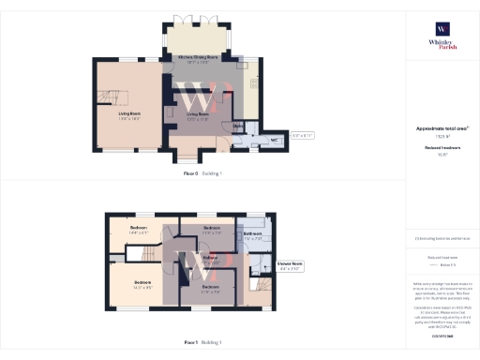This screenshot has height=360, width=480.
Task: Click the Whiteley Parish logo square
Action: click(441, 28)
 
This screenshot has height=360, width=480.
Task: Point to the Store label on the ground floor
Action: click(238, 125)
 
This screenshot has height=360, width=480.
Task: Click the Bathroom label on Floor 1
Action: click(252, 234)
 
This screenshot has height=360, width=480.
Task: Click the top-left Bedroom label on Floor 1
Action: click(138, 229)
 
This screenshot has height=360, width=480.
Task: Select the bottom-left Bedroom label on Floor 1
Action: click(142, 284)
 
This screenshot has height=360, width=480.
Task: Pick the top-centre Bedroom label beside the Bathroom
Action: click(211, 229)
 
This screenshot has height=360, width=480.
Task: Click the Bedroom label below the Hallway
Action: click(211, 289)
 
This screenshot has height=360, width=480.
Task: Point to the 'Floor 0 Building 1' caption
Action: click(203, 173)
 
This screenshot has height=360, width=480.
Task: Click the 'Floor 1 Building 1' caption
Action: click(203, 341)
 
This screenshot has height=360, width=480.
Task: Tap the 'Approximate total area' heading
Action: click(442, 128)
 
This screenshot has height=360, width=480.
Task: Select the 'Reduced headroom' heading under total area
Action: click(441, 147)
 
